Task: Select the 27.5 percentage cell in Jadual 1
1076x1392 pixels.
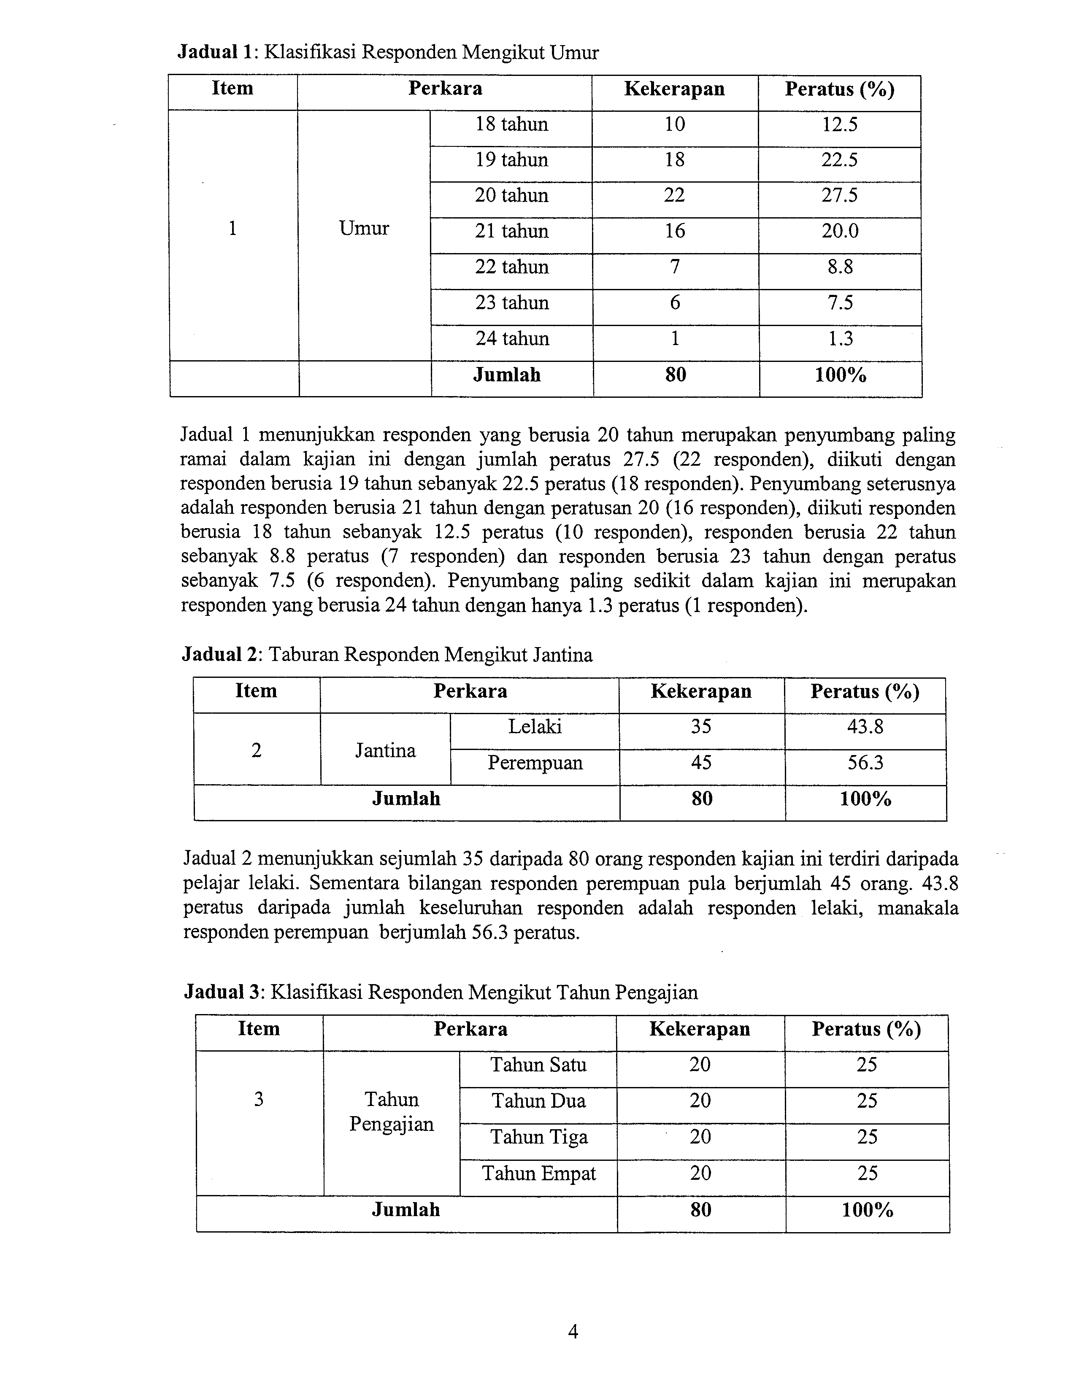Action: click(x=840, y=195)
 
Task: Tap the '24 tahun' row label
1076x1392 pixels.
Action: click(x=512, y=338)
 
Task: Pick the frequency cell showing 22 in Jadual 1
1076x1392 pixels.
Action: click(x=674, y=195)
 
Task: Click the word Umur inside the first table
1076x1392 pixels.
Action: click(x=364, y=228)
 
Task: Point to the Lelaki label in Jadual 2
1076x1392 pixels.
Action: click(x=535, y=727)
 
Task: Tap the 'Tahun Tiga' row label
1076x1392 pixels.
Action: click(x=539, y=1137)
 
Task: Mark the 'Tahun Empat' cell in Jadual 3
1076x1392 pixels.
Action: click(x=539, y=1173)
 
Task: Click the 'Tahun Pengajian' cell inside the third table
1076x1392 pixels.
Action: click(x=392, y=1111)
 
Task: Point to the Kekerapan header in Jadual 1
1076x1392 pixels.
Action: click(x=674, y=89)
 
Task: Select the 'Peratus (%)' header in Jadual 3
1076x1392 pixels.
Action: click(x=866, y=1029)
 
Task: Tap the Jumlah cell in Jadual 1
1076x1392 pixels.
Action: click(x=507, y=375)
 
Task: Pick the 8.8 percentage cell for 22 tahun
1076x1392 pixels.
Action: click(x=840, y=267)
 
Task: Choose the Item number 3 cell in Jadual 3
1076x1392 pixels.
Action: click(x=259, y=1099)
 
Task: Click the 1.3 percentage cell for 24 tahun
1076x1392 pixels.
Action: click(x=840, y=338)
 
